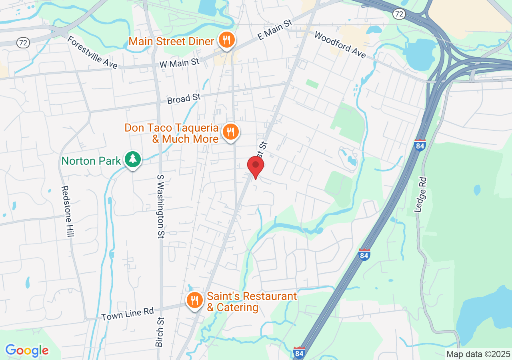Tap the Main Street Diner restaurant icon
[227, 40]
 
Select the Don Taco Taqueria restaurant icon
[230, 132]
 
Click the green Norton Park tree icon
[133, 160]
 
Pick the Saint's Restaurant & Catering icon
[195, 300]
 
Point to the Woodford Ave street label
[340, 45]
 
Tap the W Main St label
[179, 63]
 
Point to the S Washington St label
[160, 206]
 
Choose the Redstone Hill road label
[67, 211]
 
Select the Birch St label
[160, 332]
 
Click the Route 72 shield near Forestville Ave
[22, 42]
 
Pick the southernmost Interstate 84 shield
[299, 352]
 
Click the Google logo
[27, 351]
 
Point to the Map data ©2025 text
[478, 354]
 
